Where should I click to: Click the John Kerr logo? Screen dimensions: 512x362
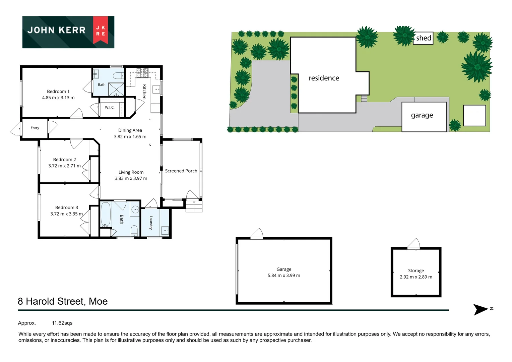(x=68, y=32)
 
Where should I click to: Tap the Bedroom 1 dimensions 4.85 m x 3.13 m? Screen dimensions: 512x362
(x=58, y=98)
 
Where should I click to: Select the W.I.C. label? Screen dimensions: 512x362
(x=110, y=107)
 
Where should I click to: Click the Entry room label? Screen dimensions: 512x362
(x=35, y=128)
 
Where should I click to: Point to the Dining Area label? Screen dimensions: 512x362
(x=130, y=130)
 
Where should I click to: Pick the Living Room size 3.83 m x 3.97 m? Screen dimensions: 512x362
(x=131, y=178)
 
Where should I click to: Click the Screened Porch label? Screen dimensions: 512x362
(x=181, y=171)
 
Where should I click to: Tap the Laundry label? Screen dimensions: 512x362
(x=151, y=223)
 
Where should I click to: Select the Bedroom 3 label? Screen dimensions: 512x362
(x=67, y=207)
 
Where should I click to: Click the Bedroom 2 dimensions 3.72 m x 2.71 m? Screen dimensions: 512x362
(x=64, y=166)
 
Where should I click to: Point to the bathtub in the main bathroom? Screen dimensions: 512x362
(x=106, y=214)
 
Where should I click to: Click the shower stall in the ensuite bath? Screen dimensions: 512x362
(x=116, y=89)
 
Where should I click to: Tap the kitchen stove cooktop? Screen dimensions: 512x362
(x=142, y=73)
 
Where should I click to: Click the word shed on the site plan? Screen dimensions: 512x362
(x=424, y=38)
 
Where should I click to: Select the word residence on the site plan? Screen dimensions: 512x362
(x=324, y=78)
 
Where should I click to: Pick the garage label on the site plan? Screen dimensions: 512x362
(x=422, y=115)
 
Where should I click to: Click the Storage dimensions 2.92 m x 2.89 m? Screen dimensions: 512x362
(x=416, y=277)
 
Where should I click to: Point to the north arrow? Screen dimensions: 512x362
(x=481, y=310)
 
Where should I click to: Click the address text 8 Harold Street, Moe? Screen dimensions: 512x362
(x=63, y=301)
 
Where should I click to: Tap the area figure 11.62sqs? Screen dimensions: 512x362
(x=62, y=323)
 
